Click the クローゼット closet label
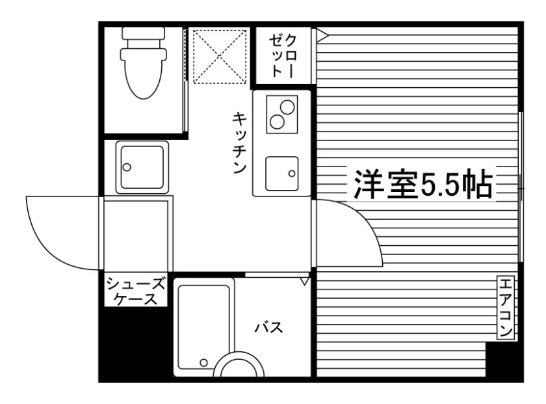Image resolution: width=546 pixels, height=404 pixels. (x=283, y=56)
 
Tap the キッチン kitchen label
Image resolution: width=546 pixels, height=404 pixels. (x=240, y=142)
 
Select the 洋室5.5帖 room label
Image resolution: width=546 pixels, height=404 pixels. (x=423, y=183)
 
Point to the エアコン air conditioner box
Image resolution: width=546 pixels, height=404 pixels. (x=506, y=308)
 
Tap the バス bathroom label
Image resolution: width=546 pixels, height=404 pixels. (x=269, y=328)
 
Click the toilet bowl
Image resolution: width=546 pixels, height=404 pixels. (x=143, y=74)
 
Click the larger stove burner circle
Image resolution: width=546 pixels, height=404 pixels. (x=288, y=107)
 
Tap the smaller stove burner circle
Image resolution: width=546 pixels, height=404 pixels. (x=277, y=122)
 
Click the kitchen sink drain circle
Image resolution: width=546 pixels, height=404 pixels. (x=292, y=173)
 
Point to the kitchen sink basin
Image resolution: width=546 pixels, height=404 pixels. (x=281, y=174)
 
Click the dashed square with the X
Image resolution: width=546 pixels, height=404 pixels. (x=220, y=57)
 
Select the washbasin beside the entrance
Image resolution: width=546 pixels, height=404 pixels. (x=142, y=167)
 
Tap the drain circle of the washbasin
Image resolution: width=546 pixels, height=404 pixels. (x=127, y=167)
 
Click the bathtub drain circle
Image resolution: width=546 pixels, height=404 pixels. (x=203, y=363)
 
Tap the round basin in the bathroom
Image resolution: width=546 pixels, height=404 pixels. (x=239, y=364)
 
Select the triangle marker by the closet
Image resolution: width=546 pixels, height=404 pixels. (x=322, y=35)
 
